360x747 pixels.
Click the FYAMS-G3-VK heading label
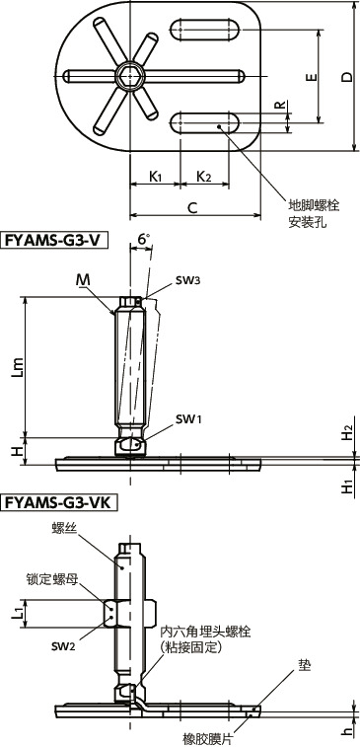(x=59, y=503)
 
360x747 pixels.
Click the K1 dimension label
(x=156, y=176)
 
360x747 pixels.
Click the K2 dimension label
(x=203, y=176)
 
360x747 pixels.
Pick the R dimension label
(x=280, y=105)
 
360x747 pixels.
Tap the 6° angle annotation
(x=143, y=239)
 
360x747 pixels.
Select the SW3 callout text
(x=187, y=280)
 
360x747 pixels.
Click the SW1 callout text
(x=187, y=419)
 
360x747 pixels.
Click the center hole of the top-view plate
(x=125, y=76)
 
